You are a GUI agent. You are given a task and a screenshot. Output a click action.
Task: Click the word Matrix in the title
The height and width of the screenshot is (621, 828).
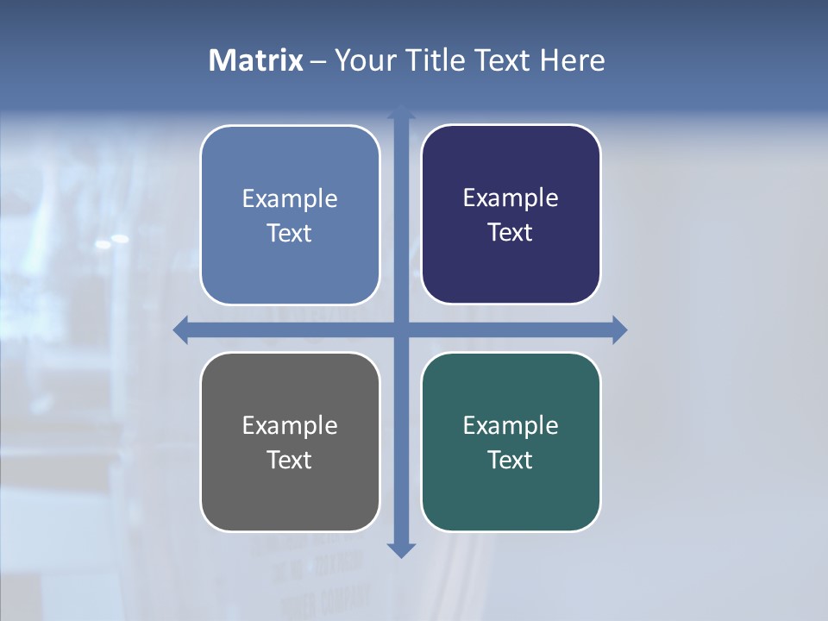coord(256,60)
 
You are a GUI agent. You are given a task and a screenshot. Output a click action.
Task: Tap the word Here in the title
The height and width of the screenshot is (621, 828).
coord(573,60)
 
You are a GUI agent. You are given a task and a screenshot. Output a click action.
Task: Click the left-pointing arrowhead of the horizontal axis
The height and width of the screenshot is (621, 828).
coord(181,329)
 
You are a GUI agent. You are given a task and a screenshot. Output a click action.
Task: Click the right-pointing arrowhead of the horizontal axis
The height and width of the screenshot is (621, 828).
coord(619,329)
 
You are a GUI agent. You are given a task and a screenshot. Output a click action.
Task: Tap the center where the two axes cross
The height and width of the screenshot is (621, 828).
coord(401,329)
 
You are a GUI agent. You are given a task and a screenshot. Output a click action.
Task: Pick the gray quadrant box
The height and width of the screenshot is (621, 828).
coord(290,500)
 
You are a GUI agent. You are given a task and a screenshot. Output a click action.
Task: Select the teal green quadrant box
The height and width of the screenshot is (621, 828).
coord(511,500)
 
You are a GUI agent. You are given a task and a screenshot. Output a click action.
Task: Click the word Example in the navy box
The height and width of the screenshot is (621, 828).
coord(511,198)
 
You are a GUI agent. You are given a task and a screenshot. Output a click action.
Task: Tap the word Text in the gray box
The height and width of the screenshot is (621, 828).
coord(290,460)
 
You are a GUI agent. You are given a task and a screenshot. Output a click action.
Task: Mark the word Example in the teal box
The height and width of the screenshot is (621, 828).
coord(511,425)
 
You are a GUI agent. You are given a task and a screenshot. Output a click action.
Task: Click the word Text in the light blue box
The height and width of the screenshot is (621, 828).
coord(290,233)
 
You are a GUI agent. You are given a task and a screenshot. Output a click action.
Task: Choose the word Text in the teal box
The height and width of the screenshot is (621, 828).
coord(511,460)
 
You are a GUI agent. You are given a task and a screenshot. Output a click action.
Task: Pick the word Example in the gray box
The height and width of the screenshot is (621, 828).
coord(290,425)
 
